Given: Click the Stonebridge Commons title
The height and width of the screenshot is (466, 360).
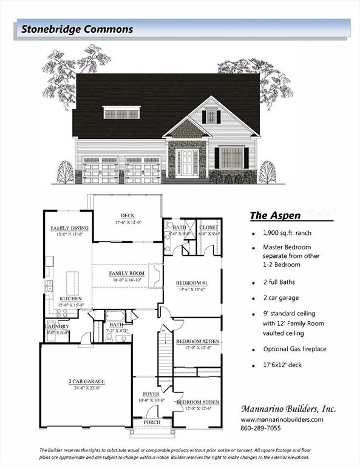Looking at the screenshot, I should [x=77, y=29].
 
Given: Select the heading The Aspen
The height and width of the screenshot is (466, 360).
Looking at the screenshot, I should [x=275, y=215].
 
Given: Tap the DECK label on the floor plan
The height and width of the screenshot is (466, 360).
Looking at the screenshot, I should [x=127, y=215].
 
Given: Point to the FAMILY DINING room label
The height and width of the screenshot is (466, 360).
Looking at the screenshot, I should [x=69, y=228].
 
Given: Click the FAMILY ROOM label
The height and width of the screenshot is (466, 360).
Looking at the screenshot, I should [x=127, y=274].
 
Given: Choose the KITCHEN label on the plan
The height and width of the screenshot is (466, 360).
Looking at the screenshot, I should [x=70, y=299].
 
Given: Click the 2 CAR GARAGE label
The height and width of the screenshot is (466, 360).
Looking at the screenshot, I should [x=86, y=382].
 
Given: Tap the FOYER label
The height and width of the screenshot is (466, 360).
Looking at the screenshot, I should [x=151, y=394].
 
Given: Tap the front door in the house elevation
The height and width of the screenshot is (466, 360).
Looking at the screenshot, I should [x=187, y=162].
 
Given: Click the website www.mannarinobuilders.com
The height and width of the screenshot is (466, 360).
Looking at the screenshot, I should [x=282, y=419].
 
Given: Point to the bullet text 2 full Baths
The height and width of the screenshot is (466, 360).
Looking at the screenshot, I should [x=283, y=282].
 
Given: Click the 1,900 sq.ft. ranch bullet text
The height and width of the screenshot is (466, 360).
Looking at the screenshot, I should [x=288, y=232].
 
